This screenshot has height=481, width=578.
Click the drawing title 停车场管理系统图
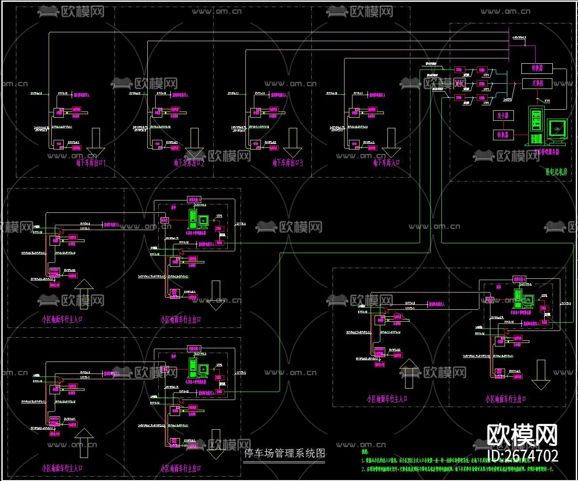tap(285, 453)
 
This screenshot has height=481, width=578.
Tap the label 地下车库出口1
tap(91, 163)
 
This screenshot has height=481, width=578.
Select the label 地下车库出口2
tap(189, 163)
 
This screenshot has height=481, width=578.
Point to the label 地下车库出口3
tap(288, 163)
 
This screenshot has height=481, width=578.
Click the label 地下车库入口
tap(387, 163)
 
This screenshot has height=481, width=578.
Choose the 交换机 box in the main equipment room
tap(538, 83)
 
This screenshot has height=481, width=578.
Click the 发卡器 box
tap(503, 115)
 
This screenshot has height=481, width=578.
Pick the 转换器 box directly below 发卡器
tap(503, 134)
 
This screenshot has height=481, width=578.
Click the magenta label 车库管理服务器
tap(547, 151)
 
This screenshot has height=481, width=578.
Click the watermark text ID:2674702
tap(523, 456)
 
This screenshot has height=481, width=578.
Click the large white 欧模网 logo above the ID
tap(522, 435)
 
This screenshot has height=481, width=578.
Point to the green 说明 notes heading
tap(365, 452)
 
